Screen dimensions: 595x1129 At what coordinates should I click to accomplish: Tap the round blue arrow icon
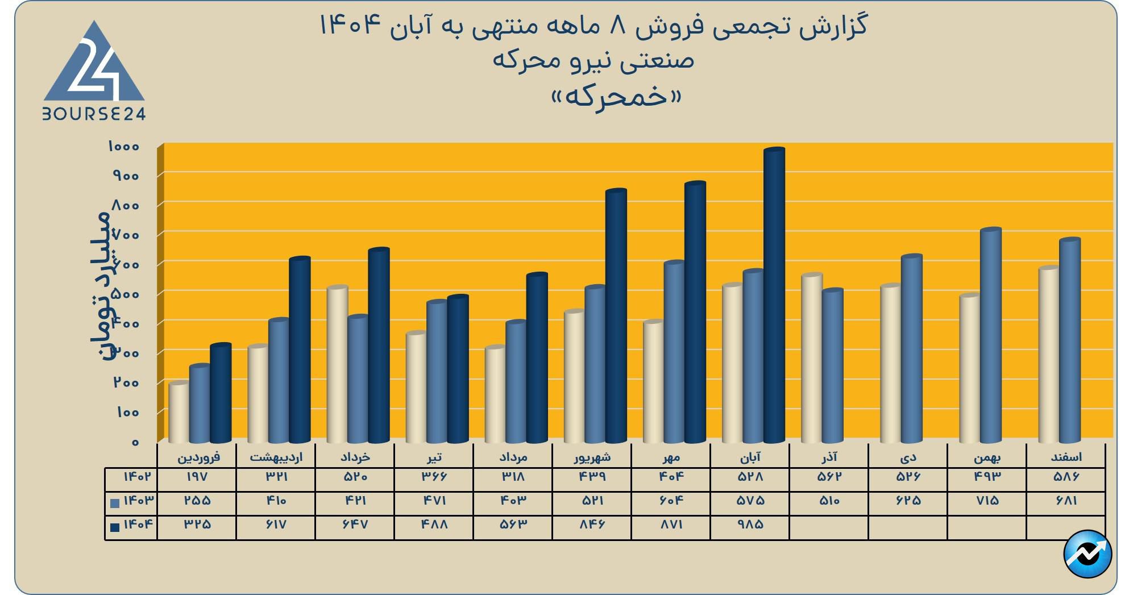tap(1088, 554)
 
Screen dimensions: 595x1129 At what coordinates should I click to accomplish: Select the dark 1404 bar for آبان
tap(774, 296)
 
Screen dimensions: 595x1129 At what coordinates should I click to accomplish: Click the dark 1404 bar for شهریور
tap(616, 315)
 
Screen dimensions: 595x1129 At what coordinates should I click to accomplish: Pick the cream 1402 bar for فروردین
tap(179, 412)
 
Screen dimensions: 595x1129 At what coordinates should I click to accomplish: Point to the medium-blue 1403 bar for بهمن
tap(991, 335)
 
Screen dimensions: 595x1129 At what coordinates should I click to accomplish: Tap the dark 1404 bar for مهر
tap(695, 313)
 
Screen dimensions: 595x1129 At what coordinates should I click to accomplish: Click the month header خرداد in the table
tap(355, 457)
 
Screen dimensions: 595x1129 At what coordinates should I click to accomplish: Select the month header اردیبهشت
tap(276, 457)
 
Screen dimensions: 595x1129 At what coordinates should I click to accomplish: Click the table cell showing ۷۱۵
tap(987, 501)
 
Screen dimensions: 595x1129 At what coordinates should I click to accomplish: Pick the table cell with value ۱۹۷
tap(197, 477)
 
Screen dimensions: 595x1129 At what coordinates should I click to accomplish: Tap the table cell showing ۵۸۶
tap(1066, 477)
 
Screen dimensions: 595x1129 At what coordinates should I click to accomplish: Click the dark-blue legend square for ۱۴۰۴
tap(115, 527)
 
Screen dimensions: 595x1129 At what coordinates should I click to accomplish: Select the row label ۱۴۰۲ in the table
tap(138, 477)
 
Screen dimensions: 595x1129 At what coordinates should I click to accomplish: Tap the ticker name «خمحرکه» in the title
tap(617, 97)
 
